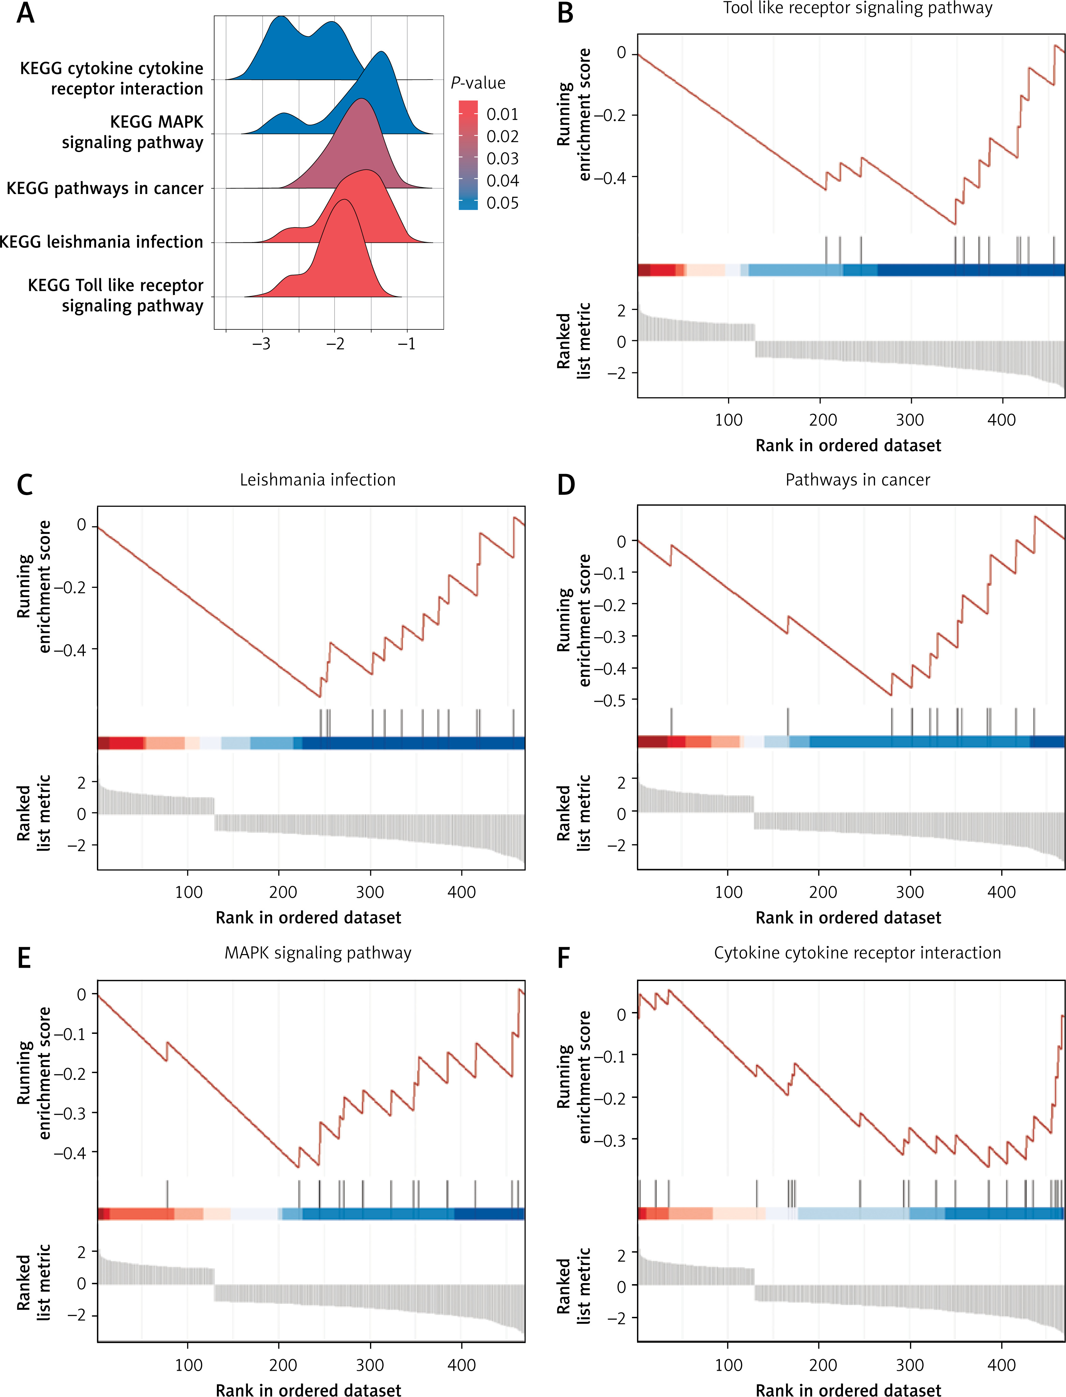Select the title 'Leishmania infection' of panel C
click(317, 480)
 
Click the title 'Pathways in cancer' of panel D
click(857, 480)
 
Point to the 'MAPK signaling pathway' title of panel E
click(317, 953)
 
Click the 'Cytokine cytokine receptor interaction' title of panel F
click(857, 953)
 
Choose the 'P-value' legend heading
click(478, 83)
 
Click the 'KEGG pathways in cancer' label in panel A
click(105, 189)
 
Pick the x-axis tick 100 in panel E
click(189, 1365)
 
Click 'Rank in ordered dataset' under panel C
click(308, 918)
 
